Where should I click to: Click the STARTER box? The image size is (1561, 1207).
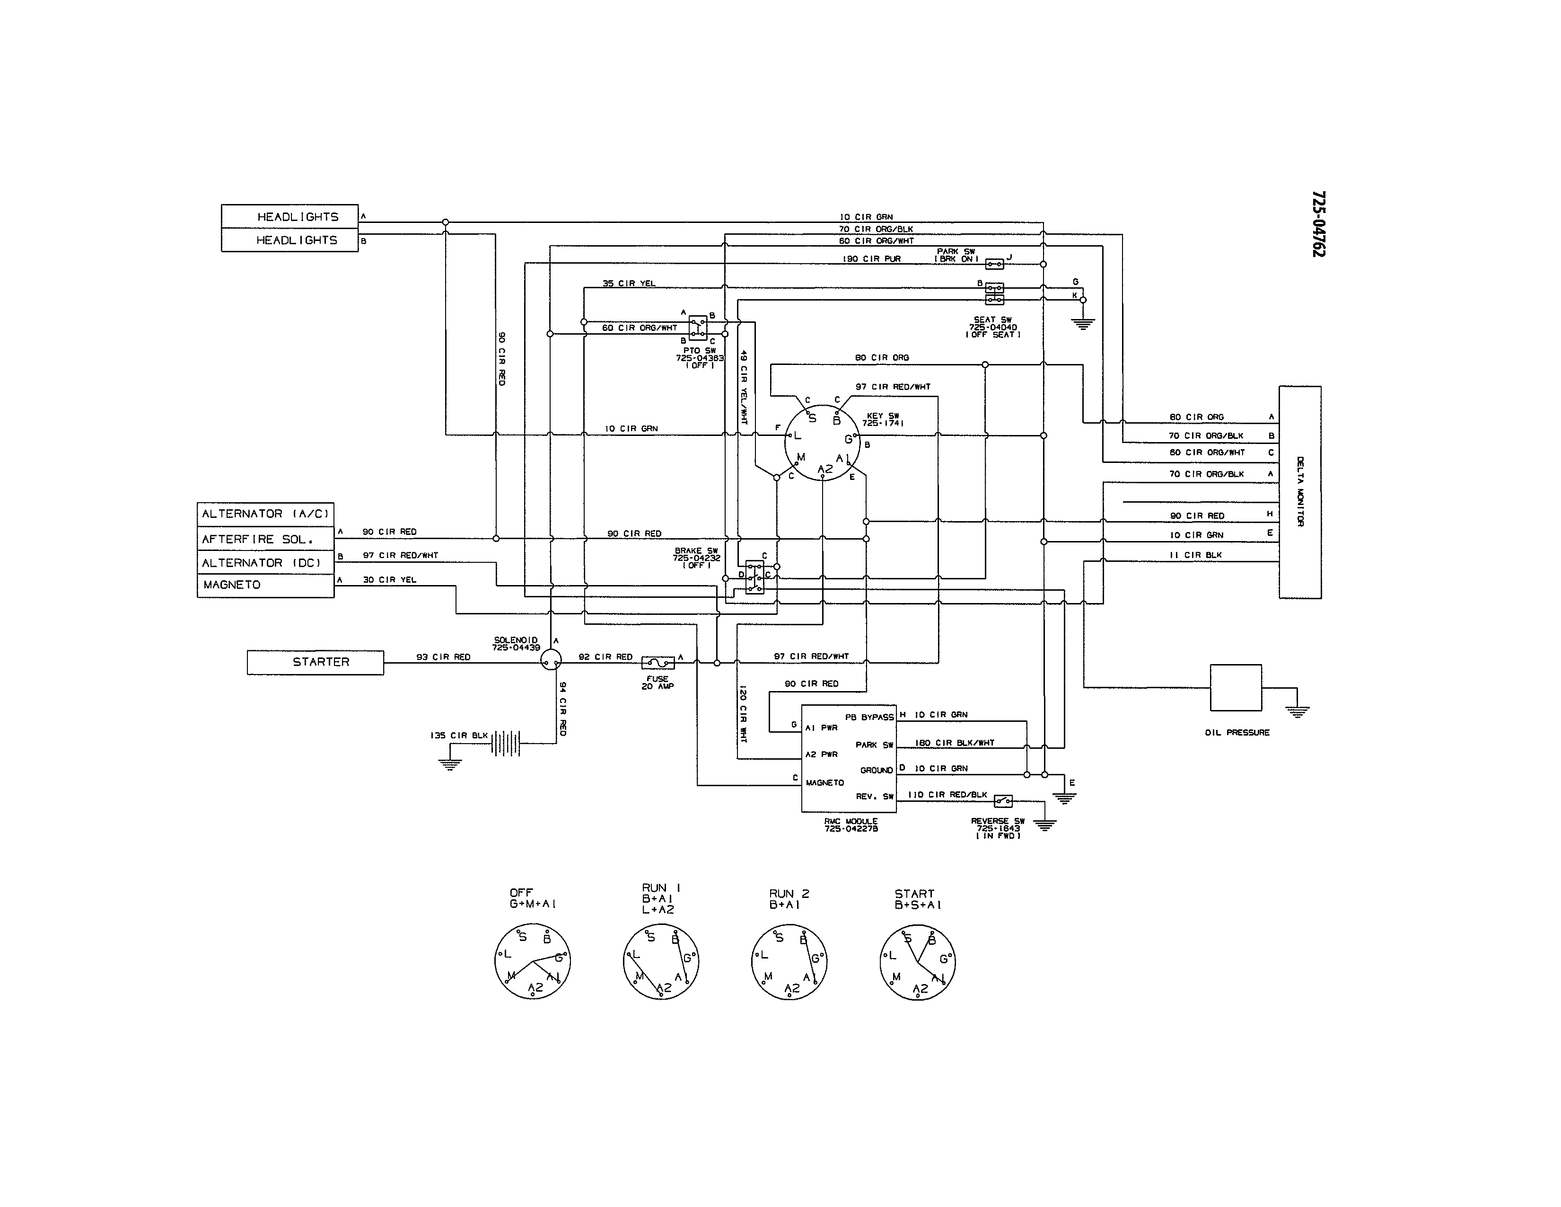[x=315, y=662]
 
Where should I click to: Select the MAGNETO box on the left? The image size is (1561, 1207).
[x=265, y=585]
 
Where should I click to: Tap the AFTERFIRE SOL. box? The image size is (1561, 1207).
[x=265, y=539]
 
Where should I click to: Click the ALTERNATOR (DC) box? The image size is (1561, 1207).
[x=265, y=563]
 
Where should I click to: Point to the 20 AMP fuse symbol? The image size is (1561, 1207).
[x=658, y=663]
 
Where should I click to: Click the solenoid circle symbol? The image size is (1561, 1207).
[x=550, y=660]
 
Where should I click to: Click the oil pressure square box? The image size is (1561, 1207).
[x=1235, y=687]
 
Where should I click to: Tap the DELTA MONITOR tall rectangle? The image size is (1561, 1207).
[x=1299, y=492]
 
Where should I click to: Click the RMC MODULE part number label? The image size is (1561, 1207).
[x=851, y=829]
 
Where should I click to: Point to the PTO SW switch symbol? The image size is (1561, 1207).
[x=698, y=328]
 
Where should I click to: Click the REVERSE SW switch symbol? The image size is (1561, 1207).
[x=1003, y=801]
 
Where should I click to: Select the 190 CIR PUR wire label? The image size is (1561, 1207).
[x=871, y=259]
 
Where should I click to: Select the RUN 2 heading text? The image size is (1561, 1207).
[x=789, y=894]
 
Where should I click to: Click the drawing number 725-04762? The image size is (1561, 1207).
[x=1318, y=224]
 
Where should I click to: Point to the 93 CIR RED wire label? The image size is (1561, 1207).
[x=443, y=657]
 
